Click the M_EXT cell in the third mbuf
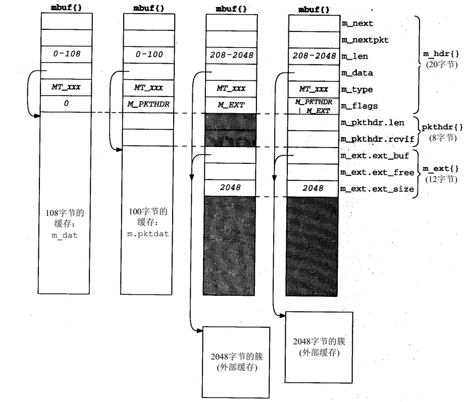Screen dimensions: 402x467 231,104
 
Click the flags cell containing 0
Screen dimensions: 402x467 66,104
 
